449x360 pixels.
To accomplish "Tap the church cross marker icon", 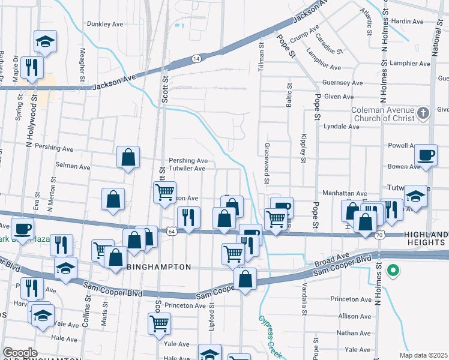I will click(424, 113).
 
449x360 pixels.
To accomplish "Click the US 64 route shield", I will click(172, 231).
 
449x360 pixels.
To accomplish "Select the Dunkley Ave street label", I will click(105, 25).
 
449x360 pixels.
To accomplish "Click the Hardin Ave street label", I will click(408, 22).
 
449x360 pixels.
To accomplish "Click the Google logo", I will click(20, 353).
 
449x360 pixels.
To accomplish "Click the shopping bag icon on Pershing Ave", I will click(128, 157).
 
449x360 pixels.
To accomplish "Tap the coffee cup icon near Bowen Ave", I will click(427, 155).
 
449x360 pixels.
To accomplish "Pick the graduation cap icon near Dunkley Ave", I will click(45, 41).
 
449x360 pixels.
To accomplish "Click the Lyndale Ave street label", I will click(340, 127).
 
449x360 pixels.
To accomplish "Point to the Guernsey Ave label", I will click(343, 83).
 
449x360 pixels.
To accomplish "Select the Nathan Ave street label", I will click(354, 332).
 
